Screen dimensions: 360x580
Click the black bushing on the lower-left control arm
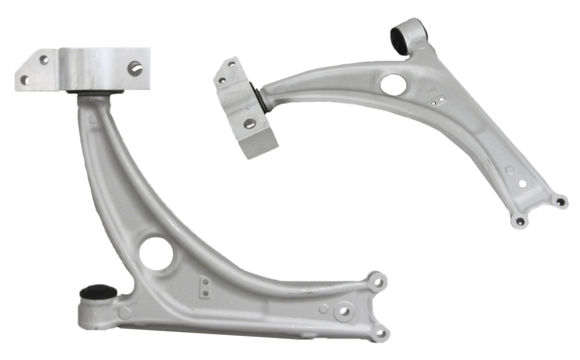point(95,296)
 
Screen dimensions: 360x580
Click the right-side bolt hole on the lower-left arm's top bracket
point(132,68)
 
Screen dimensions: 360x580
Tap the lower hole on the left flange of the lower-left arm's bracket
point(24,75)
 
